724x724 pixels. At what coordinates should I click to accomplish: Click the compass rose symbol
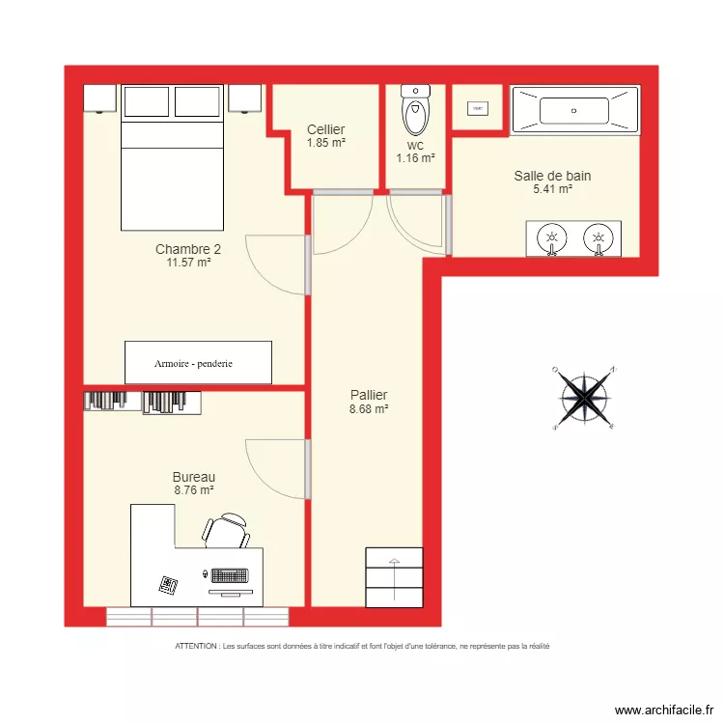click(583, 396)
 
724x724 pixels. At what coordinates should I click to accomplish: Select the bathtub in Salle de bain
click(574, 110)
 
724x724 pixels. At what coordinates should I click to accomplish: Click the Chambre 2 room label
click(182, 249)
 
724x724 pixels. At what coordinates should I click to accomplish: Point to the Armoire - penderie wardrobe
click(198, 363)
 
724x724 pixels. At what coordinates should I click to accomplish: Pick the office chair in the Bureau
click(228, 530)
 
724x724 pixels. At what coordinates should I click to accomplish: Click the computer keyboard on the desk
click(232, 575)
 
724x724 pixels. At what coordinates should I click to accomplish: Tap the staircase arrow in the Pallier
click(394, 563)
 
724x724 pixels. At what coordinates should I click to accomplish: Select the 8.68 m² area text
click(369, 409)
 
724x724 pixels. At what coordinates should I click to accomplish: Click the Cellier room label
click(326, 129)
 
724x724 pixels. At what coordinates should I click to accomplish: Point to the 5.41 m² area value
click(552, 189)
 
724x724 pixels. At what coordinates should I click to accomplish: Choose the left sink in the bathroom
click(551, 237)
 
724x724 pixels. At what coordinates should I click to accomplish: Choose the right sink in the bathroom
click(599, 237)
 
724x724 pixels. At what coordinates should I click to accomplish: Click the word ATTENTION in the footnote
click(196, 646)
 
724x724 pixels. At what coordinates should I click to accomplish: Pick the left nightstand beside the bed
click(100, 98)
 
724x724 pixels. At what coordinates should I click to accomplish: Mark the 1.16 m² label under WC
click(415, 157)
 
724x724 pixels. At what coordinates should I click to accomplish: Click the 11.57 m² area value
click(188, 262)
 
